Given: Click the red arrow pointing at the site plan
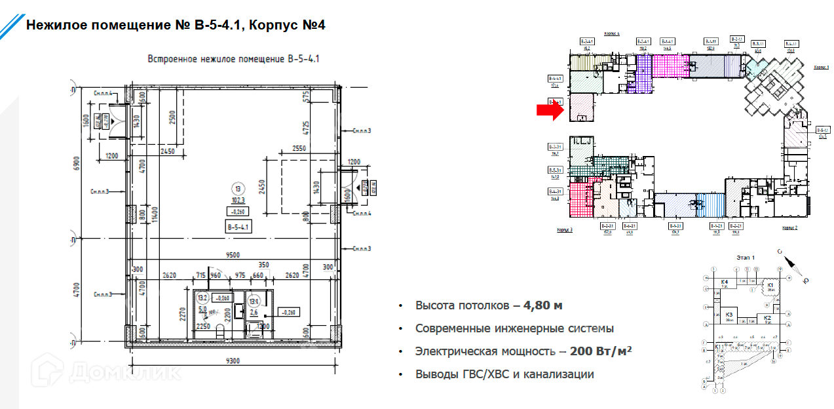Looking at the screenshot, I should pos(549,111).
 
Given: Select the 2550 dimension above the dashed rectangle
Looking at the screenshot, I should pos(299,149).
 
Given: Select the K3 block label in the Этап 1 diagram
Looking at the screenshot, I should pos(729,315).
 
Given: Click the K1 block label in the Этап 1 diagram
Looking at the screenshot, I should pos(770,285).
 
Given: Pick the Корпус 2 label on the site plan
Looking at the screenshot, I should pos(789,227).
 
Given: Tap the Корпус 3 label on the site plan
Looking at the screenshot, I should pos(565,231).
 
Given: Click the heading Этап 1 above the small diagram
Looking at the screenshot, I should pos(745,258).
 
